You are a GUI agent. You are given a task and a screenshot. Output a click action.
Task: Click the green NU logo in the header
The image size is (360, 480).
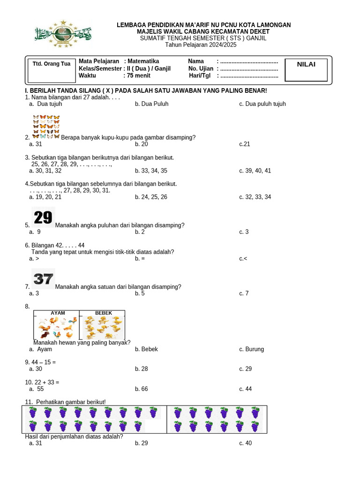pos(62,34)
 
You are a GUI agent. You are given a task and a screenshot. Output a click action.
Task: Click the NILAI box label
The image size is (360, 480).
pos(306,65)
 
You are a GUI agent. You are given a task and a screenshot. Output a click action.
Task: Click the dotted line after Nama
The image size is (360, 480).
pos(249,61)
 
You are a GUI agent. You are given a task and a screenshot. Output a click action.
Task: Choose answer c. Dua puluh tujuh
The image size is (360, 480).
pos(262,104)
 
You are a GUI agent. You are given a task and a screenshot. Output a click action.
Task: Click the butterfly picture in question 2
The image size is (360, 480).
pos(46,127)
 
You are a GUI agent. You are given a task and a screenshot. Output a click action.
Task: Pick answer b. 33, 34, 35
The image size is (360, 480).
pos(151,171)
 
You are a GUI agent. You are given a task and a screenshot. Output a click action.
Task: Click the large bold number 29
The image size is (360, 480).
pos(43,217)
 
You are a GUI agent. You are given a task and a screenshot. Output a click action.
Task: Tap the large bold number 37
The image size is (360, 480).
pos(43,279)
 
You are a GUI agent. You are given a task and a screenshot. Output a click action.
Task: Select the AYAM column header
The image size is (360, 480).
pos(58,313)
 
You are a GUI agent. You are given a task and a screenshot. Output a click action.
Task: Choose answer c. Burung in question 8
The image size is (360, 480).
pos(252,349)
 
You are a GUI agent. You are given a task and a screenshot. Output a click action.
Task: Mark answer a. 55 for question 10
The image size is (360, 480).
pos(37,389)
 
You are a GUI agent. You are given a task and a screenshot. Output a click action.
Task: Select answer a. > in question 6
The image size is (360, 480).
pos(34,259)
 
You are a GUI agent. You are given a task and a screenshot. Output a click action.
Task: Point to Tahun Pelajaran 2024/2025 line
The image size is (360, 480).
pos(201,45)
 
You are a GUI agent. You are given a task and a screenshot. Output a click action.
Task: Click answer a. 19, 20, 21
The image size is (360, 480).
pos(45,197)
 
